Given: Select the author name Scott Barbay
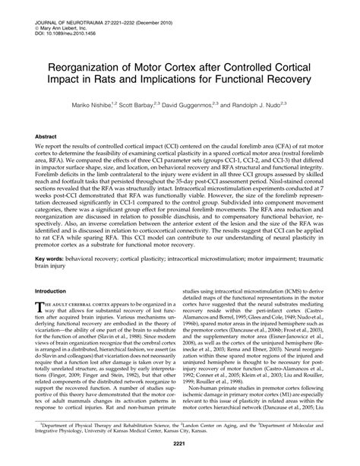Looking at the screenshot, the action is click(168, 102).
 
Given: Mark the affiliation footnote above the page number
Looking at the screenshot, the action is click(180, 426).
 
